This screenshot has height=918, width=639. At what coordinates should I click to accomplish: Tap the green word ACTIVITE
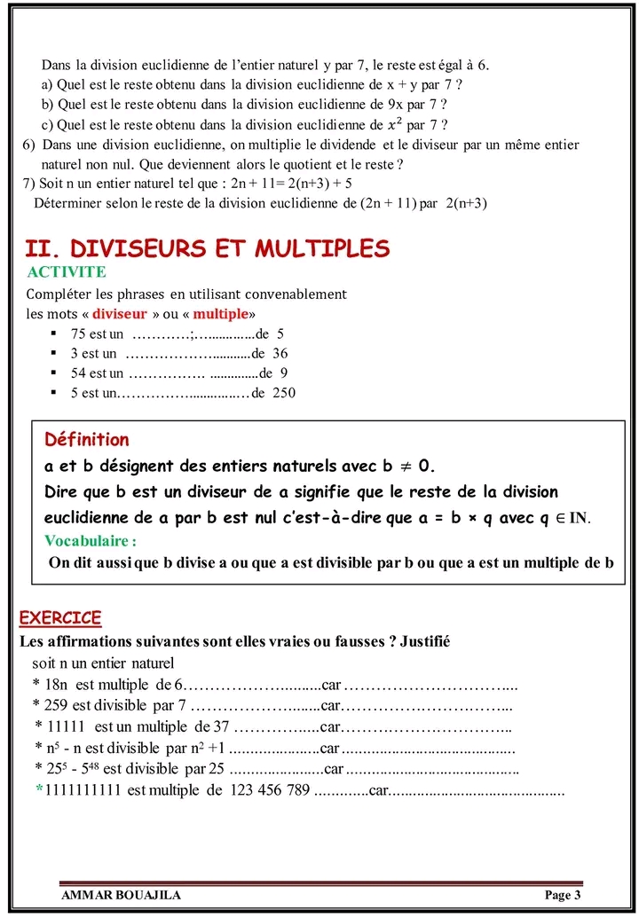point(67,271)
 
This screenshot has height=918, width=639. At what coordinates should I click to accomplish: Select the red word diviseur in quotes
point(120,314)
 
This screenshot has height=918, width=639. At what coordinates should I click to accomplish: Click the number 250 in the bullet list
point(284,393)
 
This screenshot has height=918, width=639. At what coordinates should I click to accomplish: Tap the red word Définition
point(87,440)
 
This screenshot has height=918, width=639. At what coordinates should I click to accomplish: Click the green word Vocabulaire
point(88,540)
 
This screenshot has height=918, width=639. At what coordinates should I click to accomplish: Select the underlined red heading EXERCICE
point(60,617)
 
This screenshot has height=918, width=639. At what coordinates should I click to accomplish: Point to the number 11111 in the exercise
point(65,726)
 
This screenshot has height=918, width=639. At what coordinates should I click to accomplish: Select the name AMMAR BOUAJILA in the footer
point(121,895)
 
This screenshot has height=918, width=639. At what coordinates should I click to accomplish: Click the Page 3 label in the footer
point(563,895)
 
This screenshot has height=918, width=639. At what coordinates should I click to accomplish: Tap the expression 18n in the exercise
point(58,686)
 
